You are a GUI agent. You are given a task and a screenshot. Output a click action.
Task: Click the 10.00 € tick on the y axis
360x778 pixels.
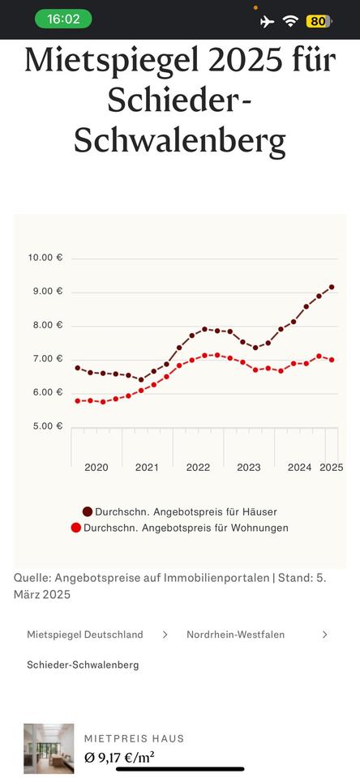tap(45, 258)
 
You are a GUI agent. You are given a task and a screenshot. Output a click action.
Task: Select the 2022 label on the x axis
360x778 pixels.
tap(198, 468)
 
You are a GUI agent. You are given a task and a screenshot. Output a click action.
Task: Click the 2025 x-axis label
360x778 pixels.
tap(332, 468)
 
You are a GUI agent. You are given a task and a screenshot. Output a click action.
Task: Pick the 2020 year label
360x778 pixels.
tap(96, 468)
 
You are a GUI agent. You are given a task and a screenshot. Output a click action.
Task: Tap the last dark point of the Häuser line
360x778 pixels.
tap(332, 287)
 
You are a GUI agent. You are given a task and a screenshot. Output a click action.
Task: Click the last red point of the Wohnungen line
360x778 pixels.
tap(332, 360)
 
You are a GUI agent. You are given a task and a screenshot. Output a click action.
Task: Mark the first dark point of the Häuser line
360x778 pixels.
tap(78, 368)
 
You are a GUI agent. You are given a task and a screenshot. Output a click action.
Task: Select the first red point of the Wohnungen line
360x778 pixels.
tap(78, 401)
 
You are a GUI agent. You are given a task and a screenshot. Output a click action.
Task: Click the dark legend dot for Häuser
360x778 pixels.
tap(88, 511)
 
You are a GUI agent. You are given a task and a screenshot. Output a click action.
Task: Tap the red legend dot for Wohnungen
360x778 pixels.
tap(76, 528)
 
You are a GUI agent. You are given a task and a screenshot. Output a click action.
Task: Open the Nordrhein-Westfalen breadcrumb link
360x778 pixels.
tap(235, 634)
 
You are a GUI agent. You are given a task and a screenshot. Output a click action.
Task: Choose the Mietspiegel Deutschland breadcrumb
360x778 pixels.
tap(85, 634)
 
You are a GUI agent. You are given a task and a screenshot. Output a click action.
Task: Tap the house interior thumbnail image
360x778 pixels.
tap(49, 748)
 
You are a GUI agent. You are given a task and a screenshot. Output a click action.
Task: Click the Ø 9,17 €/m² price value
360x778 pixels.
tap(118, 758)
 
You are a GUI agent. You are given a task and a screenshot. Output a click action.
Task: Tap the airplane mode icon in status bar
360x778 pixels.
tap(267, 21)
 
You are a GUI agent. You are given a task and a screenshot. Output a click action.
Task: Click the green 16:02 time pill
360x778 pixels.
tap(63, 19)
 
